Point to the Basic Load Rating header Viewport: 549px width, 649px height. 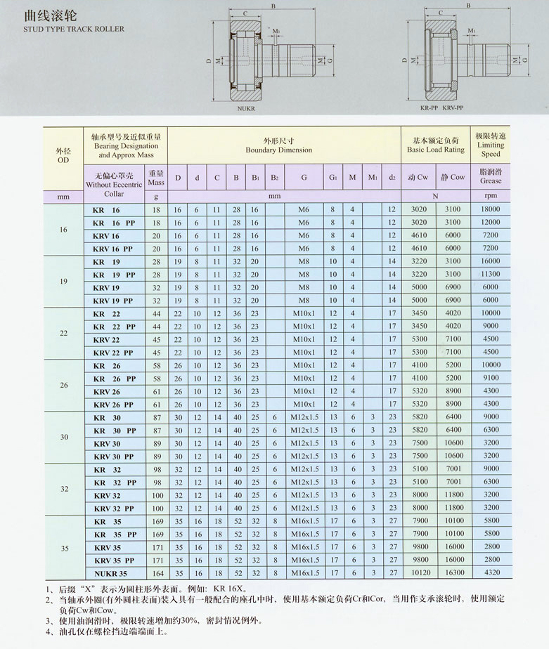point(436,150)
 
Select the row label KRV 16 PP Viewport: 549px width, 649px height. point(112,249)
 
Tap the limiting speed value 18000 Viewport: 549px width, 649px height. point(491,209)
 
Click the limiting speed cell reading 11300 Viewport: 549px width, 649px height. point(491,274)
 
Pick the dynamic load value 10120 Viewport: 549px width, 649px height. point(419,573)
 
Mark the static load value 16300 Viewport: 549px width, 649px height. point(454,573)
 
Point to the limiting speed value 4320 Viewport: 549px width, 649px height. point(491,573)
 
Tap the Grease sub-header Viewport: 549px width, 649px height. point(491,181)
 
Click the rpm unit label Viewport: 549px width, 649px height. point(491,196)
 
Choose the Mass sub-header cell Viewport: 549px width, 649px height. point(156,178)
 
